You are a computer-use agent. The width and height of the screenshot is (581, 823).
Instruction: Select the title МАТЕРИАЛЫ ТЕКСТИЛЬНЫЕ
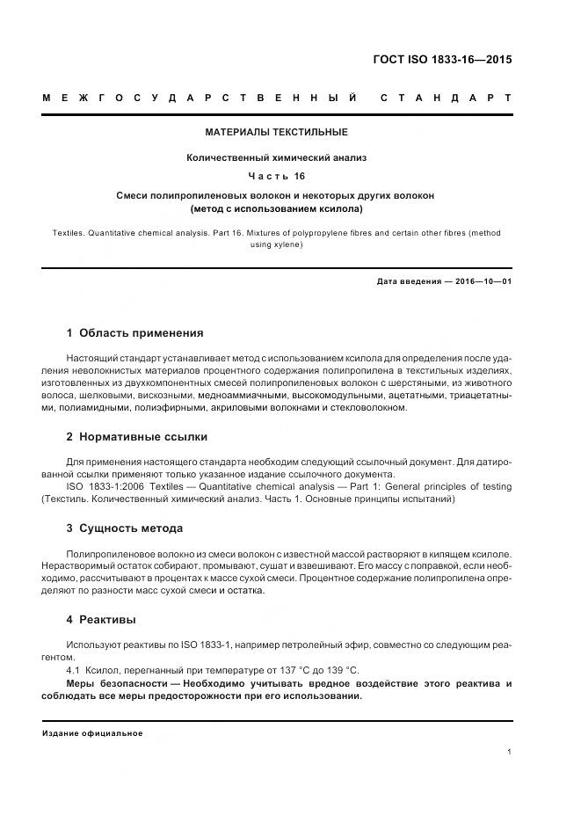(276, 132)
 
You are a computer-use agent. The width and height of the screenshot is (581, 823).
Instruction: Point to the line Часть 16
(276, 175)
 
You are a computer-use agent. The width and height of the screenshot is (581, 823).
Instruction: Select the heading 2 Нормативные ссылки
(137, 436)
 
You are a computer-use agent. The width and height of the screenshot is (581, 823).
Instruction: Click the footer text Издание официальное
(92, 732)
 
